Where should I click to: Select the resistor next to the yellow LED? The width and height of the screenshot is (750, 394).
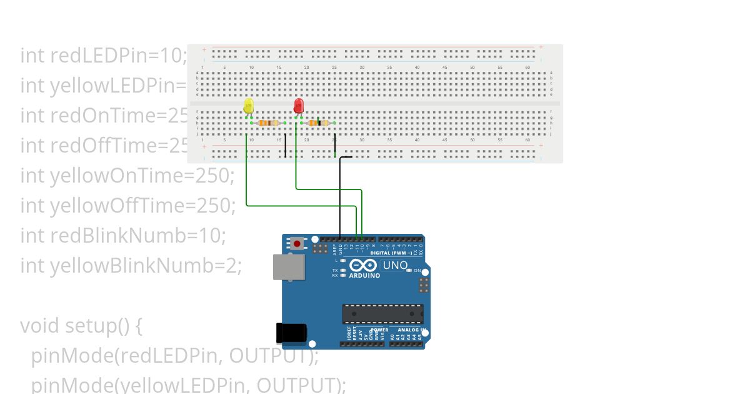(x=268, y=123)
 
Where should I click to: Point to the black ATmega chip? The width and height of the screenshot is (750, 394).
(x=382, y=315)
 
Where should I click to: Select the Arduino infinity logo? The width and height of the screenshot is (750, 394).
(x=364, y=266)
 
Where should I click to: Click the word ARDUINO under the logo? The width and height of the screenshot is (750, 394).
(x=364, y=276)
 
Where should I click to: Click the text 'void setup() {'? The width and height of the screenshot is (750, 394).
(x=82, y=326)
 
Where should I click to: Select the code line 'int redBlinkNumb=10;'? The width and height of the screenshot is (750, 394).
(x=123, y=236)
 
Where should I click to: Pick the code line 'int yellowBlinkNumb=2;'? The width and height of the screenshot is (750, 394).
(x=131, y=266)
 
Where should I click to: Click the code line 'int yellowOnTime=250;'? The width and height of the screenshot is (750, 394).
(x=127, y=176)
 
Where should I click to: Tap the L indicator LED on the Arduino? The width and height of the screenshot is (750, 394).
(x=342, y=260)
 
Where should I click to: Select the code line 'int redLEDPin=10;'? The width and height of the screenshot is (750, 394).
(x=104, y=56)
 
